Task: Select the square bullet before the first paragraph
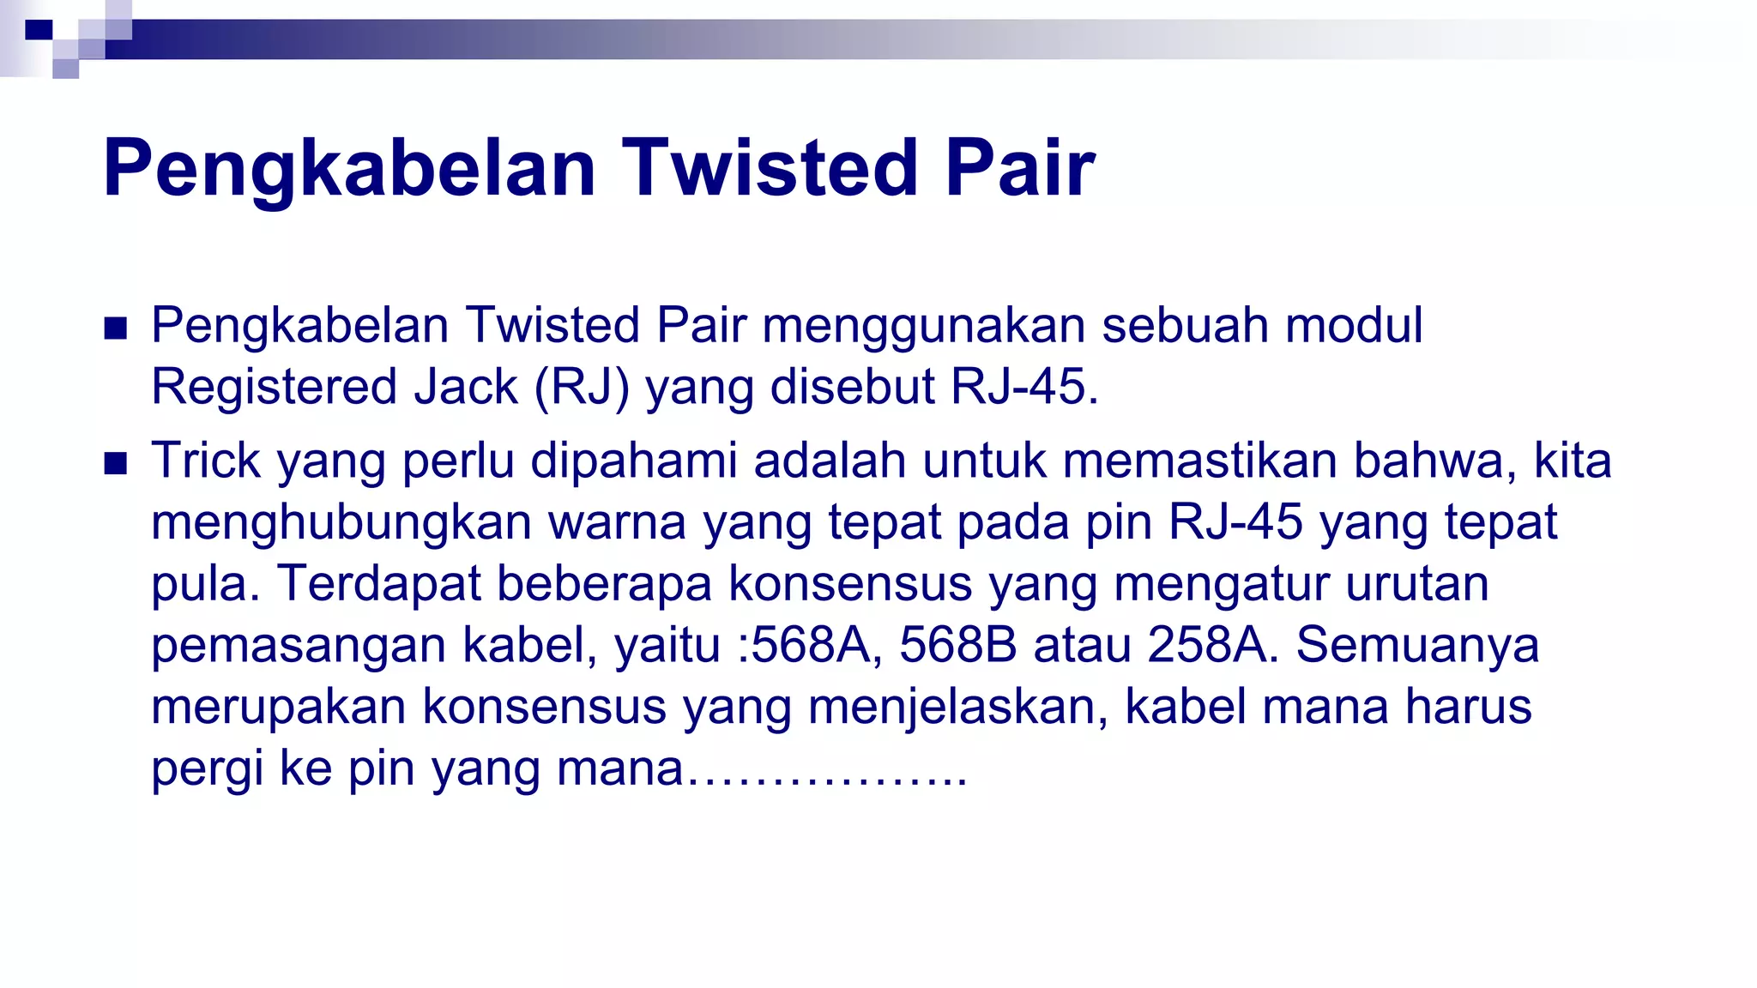(115, 328)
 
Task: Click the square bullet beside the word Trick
(115, 463)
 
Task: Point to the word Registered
(274, 387)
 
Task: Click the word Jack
(466, 387)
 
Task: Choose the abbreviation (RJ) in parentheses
(582, 387)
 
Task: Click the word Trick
(205, 461)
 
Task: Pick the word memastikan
(1199, 461)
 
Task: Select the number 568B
(957, 645)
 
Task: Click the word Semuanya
(1416, 646)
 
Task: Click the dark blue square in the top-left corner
(39, 30)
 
